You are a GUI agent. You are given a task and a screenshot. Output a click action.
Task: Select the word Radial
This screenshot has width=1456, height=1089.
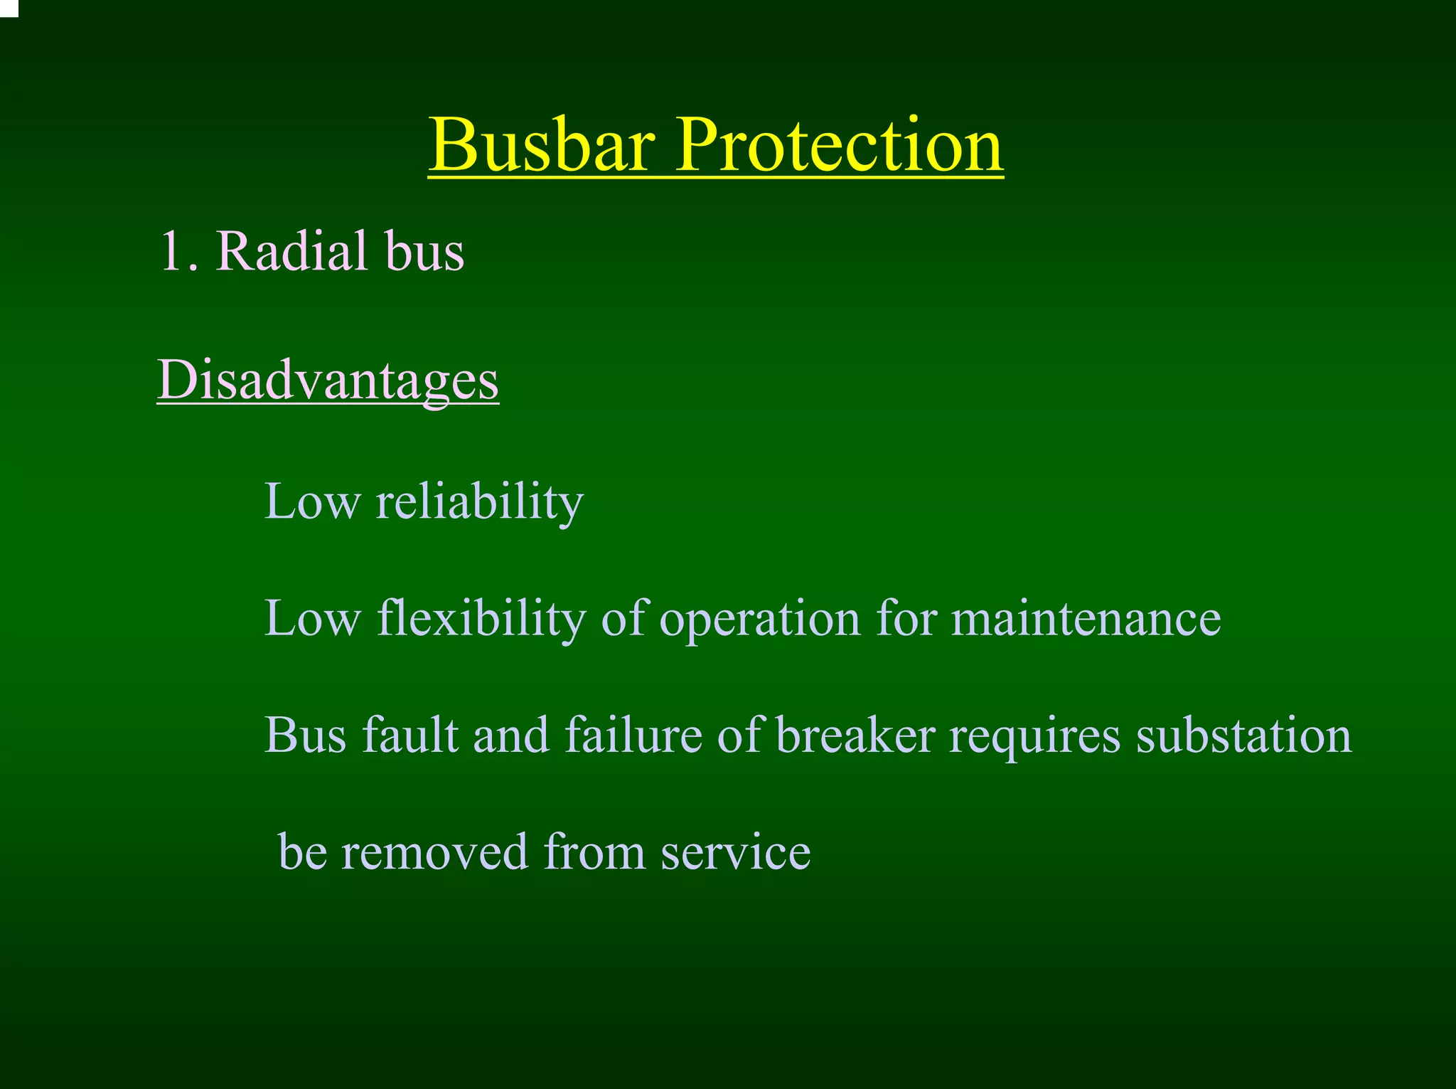click(291, 252)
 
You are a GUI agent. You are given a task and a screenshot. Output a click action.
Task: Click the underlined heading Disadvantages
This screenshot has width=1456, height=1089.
click(328, 381)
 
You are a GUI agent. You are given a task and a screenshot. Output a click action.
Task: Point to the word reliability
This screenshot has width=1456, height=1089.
click(479, 502)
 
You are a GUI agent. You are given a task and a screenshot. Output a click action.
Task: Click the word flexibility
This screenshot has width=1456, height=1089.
click(481, 619)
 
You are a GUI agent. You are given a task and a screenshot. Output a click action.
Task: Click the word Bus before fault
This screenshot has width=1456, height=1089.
click(306, 735)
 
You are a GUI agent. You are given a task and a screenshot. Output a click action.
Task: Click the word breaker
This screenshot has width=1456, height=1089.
click(855, 735)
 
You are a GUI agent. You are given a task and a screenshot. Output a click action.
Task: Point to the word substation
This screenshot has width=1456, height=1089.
click(1243, 735)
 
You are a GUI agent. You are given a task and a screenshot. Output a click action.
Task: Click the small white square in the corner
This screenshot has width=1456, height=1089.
click(8, 7)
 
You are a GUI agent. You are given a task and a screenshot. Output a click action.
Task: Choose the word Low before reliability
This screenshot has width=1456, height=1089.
click(312, 502)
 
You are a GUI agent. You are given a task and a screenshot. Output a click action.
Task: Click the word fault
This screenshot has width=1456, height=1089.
click(409, 735)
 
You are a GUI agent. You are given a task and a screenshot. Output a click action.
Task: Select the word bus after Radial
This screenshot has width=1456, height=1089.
click(424, 252)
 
